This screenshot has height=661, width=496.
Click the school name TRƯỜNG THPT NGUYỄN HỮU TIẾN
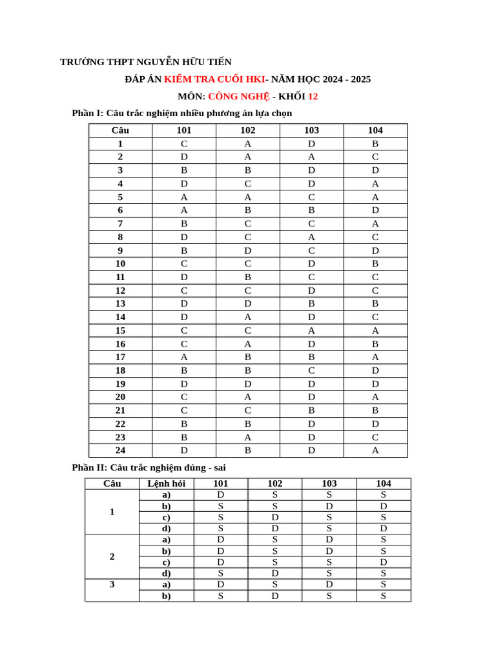click(x=145, y=62)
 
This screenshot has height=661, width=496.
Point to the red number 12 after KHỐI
click(x=313, y=97)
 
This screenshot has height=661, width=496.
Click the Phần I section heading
click(x=181, y=114)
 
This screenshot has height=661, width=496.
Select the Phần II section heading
click(x=149, y=467)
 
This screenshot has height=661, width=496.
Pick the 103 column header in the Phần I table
click(x=311, y=130)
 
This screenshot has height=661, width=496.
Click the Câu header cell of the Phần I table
click(x=120, y=130)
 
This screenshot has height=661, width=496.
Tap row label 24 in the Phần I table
click(x=120, y=451)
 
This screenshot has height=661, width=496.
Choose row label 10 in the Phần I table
click(x=120, y=264)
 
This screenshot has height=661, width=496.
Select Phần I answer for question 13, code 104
click(x=375, y=303)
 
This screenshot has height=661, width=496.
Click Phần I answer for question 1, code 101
click(x=184, y=144)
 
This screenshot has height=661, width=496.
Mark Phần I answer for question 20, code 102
click(x=247, y=397)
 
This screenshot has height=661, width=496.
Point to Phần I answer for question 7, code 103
click(x=311, y=224)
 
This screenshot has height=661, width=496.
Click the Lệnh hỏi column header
click(x=166, y=483)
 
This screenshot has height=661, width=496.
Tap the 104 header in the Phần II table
click(x=384, y=483)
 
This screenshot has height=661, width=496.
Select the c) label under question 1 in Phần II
click(x=166, y=517)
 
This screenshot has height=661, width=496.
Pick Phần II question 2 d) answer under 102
click(x=274, y=573)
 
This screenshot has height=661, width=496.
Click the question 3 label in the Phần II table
click(x=112, y=584)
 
